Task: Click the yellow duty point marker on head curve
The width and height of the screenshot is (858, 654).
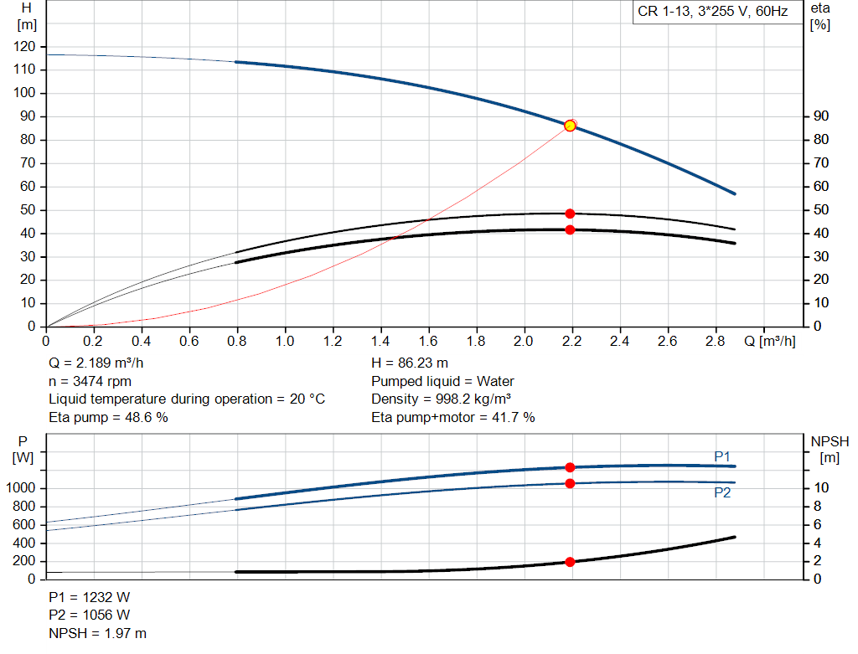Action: pos(570,126)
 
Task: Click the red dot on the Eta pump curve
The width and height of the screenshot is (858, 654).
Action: pos(570,214)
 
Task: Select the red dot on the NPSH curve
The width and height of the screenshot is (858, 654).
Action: pos(570,562)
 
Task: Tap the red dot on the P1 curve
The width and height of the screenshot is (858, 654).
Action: pos(570,467)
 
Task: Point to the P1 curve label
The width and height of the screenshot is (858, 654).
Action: pos(722,456)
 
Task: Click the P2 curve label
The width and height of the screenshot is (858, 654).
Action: pos(722,493)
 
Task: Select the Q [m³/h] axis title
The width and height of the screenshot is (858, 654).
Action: pos(770,342)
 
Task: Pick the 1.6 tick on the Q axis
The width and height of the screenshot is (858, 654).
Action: pos(429,342)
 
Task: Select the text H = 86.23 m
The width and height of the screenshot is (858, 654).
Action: pos(410,363)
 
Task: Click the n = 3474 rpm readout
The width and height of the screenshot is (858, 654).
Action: pos(90,381)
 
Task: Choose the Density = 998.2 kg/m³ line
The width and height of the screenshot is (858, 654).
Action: pos(442,399)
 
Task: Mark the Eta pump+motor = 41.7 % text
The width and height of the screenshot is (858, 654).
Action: pos(453,417)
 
